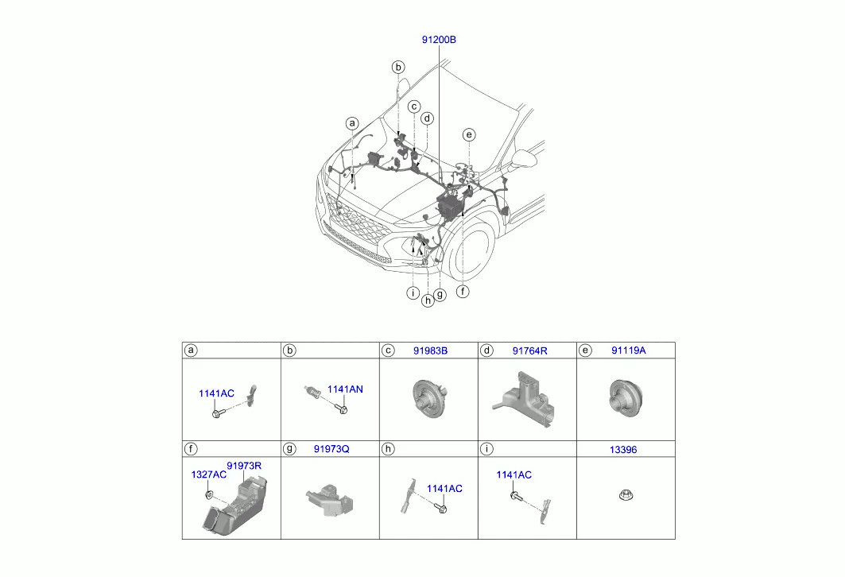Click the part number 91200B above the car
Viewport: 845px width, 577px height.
(439, 39)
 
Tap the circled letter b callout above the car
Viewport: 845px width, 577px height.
(398, 68)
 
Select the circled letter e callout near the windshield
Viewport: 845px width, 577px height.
(469, 134)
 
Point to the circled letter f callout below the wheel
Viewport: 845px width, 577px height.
(463, 292)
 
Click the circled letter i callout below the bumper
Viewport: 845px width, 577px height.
(413, 293)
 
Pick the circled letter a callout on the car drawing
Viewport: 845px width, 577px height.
(352, 123)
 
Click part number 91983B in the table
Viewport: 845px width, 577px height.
(430, 350)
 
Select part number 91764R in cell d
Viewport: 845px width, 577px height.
(529, 350)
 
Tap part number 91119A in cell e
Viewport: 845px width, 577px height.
(628, 350)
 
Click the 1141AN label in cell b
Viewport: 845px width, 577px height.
(345, 389)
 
